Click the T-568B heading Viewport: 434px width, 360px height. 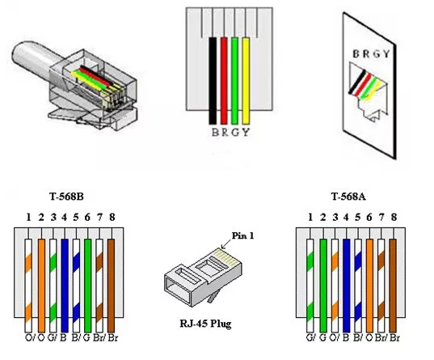coord(68,197)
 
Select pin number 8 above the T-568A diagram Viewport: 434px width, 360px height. coord(393,216)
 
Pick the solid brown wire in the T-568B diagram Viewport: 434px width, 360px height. coord(110,275)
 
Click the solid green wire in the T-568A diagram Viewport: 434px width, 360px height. coord(322,275)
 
